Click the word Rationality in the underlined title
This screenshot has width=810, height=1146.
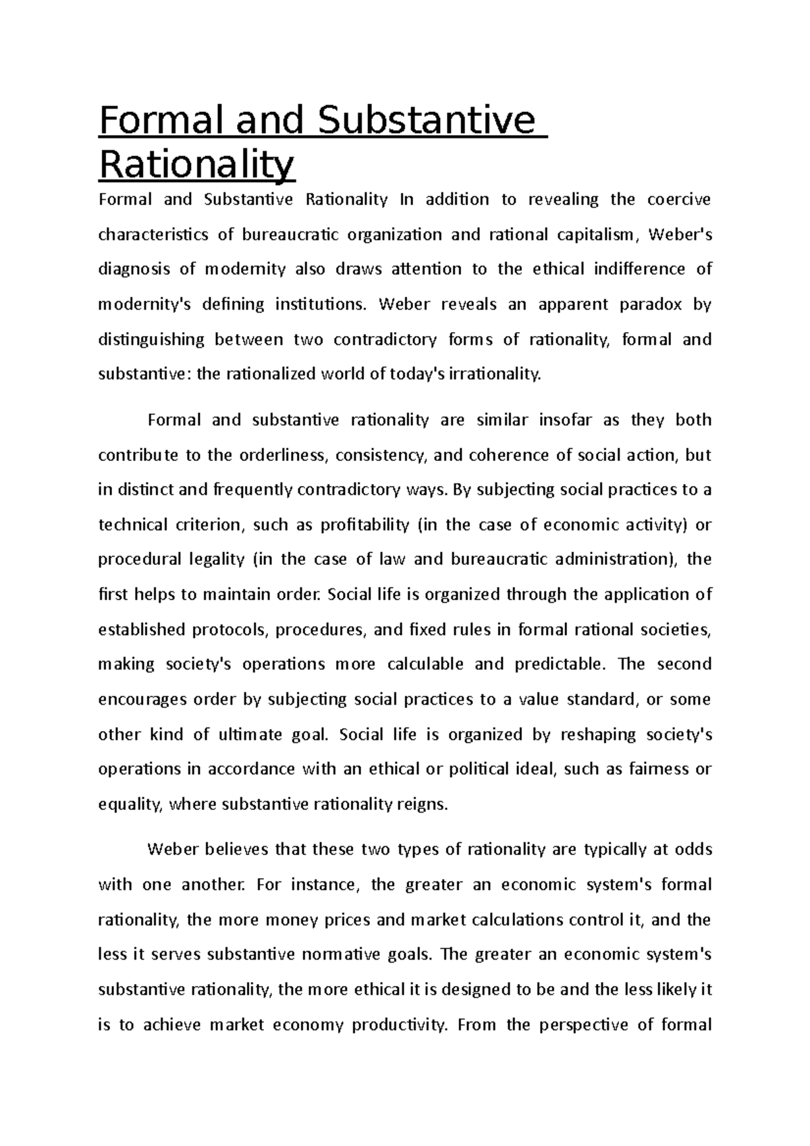[196, 163]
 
